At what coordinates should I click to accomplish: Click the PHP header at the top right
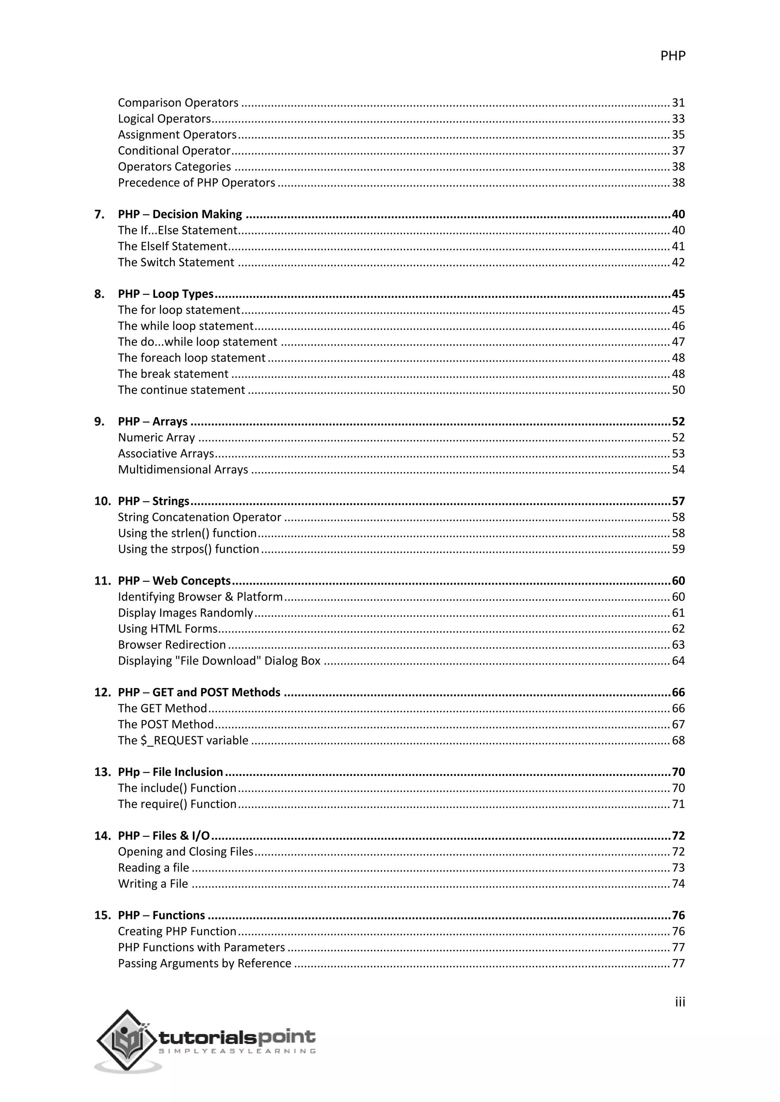(673, 56)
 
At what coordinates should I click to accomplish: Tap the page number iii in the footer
(679, 1002)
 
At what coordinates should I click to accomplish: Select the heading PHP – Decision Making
(180, 214)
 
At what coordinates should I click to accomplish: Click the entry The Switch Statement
(176, 262)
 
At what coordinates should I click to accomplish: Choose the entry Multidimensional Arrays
(183, 470)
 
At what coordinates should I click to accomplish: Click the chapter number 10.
(102, 501)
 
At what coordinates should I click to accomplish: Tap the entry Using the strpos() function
(188, 549)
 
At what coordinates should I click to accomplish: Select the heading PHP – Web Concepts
(174, 581)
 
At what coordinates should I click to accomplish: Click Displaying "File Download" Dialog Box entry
(219, 661)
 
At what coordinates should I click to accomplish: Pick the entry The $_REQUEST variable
(183, 741)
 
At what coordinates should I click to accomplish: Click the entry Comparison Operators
(178, 103)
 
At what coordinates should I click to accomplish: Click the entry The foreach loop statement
(191, 358)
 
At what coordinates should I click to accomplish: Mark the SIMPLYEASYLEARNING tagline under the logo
(237, 1051)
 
